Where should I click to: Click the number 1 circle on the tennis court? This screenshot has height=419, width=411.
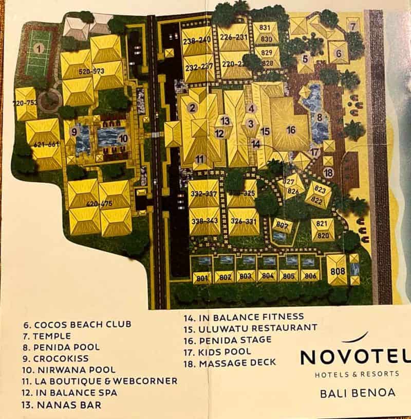click(39, 49)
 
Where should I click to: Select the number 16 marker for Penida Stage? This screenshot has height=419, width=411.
click(291, 130)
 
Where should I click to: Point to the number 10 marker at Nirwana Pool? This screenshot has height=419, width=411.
click(123, 138)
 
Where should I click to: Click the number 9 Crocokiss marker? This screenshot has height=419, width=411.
click(74, 132)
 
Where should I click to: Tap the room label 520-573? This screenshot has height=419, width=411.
click(91, 72)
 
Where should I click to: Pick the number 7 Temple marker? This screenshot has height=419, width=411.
click(352, 26)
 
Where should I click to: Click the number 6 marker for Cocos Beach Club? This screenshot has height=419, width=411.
click(339, 53)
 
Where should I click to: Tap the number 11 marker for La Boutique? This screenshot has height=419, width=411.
click(200, 159)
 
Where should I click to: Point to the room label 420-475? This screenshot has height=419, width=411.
click(100, 204)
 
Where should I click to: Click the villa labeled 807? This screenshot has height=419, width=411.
click(281, 225)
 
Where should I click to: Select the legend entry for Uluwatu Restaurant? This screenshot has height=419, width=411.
click(250, 328)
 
